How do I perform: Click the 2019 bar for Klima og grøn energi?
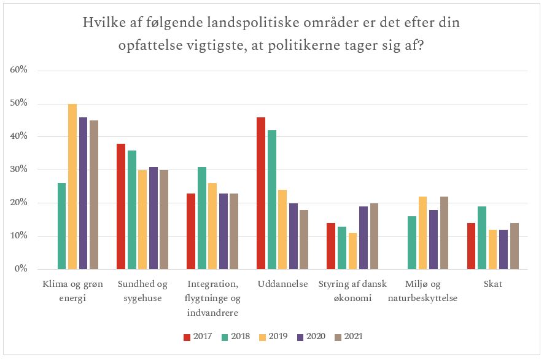point(72,187)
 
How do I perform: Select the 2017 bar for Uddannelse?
point(261,193)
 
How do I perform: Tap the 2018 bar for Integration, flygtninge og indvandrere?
point(202,218)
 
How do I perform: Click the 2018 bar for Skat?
point(483,238)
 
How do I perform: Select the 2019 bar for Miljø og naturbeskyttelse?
point(423,233)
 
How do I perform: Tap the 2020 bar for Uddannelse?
point(293,236)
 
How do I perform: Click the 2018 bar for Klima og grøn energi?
point(61,226)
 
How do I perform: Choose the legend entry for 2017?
point(197,336)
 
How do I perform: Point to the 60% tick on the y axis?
point(19,70)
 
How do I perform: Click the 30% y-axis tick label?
point(19,170)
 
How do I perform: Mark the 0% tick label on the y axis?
point(21,269)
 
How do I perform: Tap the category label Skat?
point(493,284)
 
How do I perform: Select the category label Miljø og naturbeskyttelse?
point(423,291)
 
